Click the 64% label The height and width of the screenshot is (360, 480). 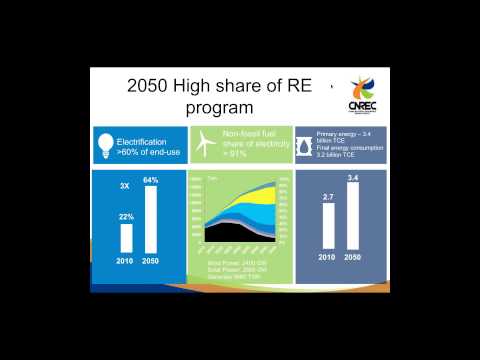click(151, 180)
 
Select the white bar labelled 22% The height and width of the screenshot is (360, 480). click(126, 238)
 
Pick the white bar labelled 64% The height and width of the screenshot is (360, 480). click(151, 219)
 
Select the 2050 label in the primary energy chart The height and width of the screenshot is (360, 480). click(352, 259)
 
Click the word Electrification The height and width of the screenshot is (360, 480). click(142, 143)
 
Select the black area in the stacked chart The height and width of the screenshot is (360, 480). click(233, 233)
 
